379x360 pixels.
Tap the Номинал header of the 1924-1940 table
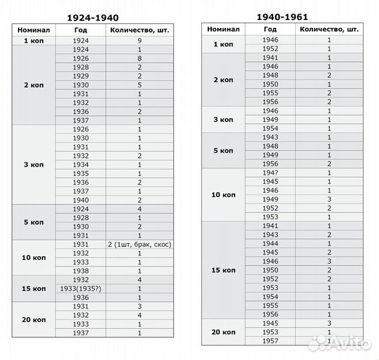(33, 30)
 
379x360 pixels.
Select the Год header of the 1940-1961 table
(270, 29)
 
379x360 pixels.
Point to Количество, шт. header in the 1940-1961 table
(329, 29)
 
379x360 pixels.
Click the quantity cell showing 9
(139, 41)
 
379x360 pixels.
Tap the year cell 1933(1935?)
(80, 288)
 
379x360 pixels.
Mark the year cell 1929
(80, 76)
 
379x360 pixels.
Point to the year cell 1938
(80, 271)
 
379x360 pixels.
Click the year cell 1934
(80, 164)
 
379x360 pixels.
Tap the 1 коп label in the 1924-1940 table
(33, 41)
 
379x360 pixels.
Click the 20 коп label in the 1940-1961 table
(224, 332)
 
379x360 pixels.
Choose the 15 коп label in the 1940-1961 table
(224, 270)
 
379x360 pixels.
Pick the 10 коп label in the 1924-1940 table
(33, 258)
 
